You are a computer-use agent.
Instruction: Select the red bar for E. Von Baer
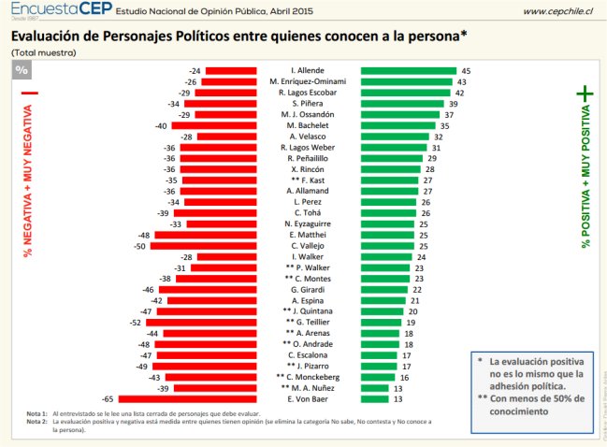coord(187,399)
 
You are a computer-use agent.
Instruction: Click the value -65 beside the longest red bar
coord(108,399)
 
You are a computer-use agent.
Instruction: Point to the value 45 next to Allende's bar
coord(465,71)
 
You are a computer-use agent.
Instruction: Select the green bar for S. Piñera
coord(399,104)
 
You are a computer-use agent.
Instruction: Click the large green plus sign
coord(586,94)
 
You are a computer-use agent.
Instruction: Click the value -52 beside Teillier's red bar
coord(137,323)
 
